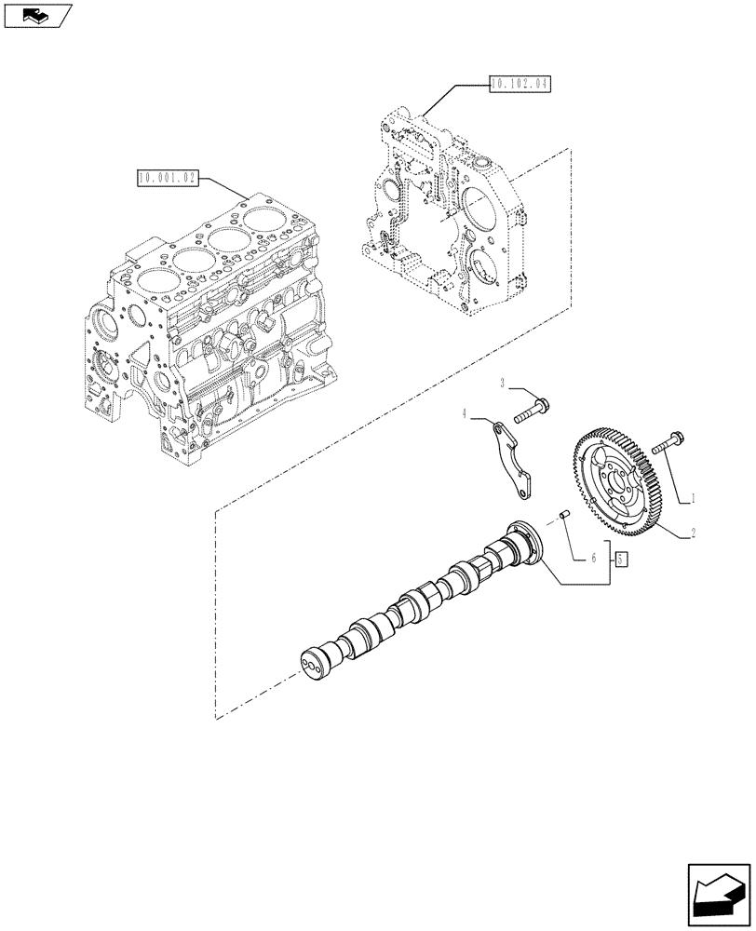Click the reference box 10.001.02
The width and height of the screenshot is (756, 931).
coord(168,178)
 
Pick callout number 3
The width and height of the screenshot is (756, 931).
coord(503,384)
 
